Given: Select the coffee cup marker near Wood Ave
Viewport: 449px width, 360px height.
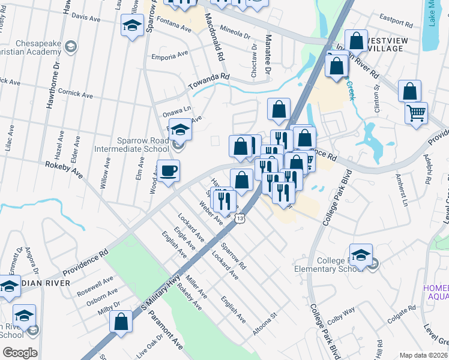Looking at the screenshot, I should (x=169, y=172).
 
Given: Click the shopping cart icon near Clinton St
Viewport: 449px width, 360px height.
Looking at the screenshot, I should (x=416, y=112).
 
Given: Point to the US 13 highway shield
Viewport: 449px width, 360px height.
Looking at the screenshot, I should (x=240, y=220).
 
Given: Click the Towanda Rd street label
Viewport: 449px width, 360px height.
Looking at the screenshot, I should (x=209, y=77).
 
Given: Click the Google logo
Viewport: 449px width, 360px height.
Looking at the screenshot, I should (x=20, y=352).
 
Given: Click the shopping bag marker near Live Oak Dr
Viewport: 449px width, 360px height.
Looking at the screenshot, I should (x=121, y=321).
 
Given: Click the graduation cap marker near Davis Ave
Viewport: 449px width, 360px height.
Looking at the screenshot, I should (x=131, y=26).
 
